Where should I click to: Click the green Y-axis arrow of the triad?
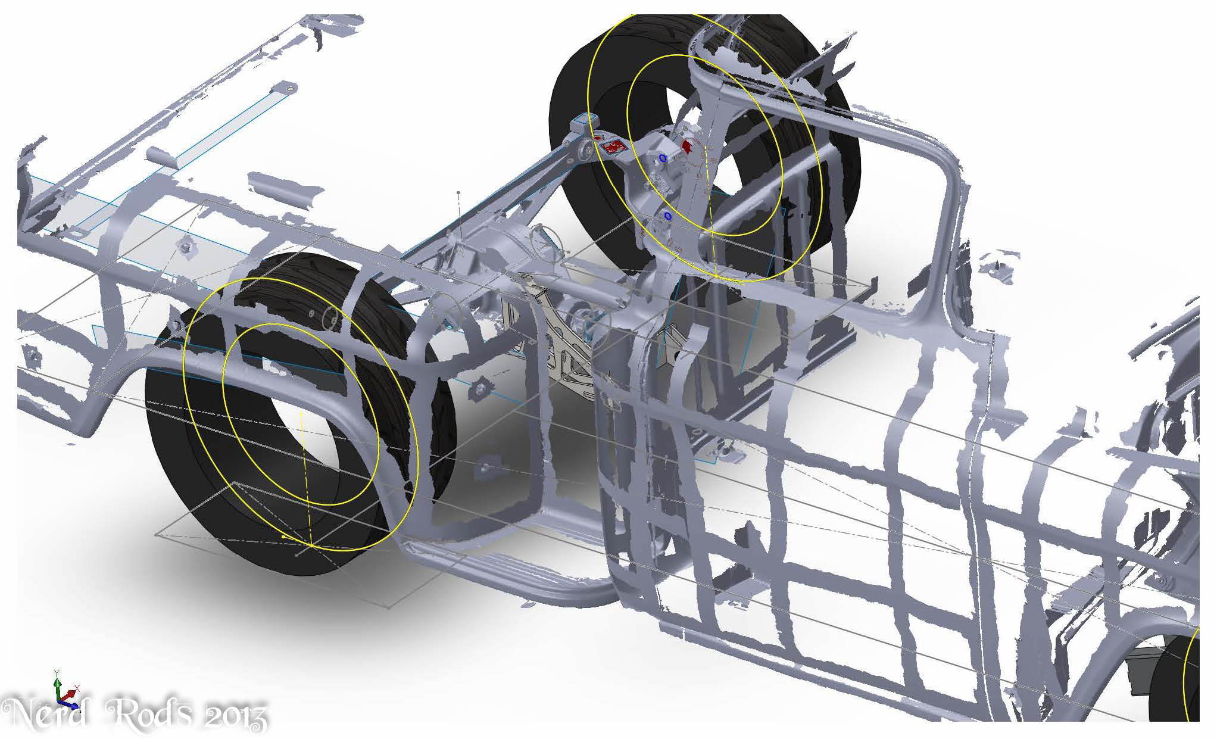point(57,684)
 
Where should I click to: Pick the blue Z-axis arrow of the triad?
point(70,704)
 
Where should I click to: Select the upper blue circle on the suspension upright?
point(663,158)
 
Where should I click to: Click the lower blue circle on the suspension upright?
point(667,216)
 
